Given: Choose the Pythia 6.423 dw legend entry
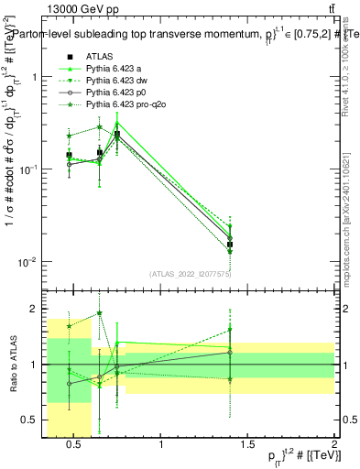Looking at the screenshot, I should tap(118, 82).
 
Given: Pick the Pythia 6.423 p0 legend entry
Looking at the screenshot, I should tap(116, 93).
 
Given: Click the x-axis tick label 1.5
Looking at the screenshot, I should tap(248, 446).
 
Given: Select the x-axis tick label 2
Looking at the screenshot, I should tap(334, 446).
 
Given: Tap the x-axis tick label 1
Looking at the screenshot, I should tap(162, 446).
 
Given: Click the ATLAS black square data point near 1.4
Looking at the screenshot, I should tap(230, 245).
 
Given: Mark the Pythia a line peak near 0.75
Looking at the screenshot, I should tap(117, 123).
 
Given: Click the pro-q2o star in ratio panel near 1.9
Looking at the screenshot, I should tap(99, 312).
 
